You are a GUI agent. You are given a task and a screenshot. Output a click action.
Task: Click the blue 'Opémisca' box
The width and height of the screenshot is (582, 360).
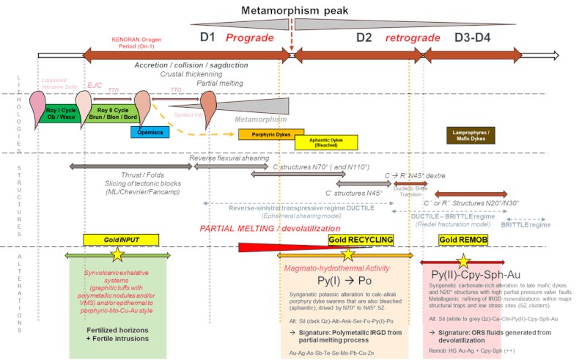pos(151,132)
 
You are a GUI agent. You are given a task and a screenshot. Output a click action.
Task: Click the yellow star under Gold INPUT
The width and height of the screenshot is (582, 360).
pos(116,255)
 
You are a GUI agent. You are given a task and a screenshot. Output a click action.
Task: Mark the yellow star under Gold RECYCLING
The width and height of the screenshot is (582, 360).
pos(348,255)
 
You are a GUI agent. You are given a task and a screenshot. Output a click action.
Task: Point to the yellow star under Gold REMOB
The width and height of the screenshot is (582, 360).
pos(463,261)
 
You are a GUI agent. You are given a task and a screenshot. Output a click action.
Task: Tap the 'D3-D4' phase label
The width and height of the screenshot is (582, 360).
pos(476,37)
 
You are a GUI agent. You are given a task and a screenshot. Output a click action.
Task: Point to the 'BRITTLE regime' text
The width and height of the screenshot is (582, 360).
pos(526,224)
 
